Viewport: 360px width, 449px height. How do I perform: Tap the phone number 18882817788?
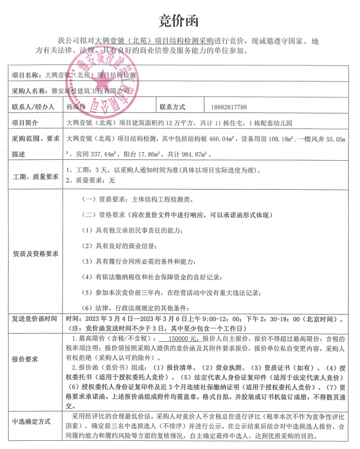tap(230, 107)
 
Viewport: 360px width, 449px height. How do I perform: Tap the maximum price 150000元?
tap(177, 339)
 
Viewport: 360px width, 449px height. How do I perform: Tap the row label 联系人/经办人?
tap(33, 107)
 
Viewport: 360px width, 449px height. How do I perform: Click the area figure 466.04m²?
tap(221, 139)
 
